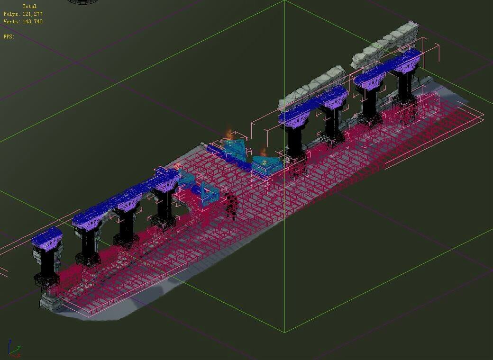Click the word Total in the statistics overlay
click(x=29, y=6)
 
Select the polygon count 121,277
click(x=32, y=14)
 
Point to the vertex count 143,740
click(x=32, y=21)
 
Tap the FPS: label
click(x=9, y=36)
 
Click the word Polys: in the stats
click(x=12, y=14)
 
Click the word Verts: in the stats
click(x=12, y=21)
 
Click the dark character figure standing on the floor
click(x=231, y=206)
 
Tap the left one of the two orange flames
click(x=229, y=134)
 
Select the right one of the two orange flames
click(x=263, y=153)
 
